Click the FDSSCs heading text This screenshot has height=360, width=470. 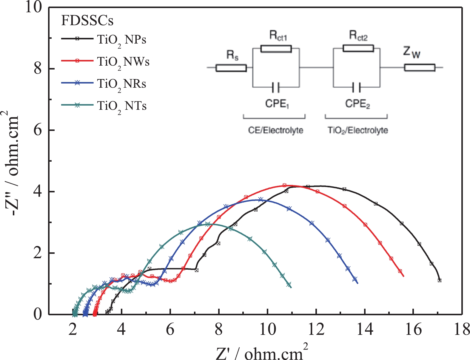[87, 21]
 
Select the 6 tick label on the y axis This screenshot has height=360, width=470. [38, 130]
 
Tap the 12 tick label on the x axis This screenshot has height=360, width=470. [316, 330]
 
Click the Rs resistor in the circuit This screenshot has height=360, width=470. [231, 68]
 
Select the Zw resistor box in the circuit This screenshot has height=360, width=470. [420, 68]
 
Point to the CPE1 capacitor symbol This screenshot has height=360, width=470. [276, 87]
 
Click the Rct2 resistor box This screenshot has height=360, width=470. [358, 48]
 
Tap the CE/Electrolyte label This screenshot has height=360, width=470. [275, 130]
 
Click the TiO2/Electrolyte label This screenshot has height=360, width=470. [358, 130]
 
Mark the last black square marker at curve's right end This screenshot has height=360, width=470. [439, 280]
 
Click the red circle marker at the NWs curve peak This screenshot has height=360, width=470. [284, 185]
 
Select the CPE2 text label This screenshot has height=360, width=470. [357, 104]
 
